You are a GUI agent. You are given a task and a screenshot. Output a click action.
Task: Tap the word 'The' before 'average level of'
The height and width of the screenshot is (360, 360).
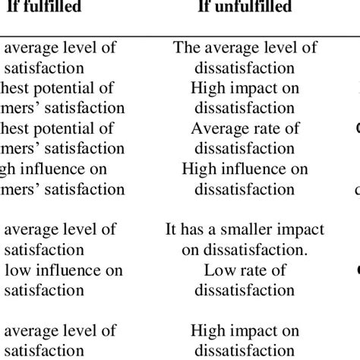pyautogui.click(x=187, y=48)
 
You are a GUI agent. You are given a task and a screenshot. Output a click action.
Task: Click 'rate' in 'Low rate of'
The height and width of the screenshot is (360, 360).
pyautogui.click(x=248, y=270)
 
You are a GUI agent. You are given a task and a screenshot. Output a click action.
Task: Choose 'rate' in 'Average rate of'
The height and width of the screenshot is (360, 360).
pyautogui.click(x=261, y=128)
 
